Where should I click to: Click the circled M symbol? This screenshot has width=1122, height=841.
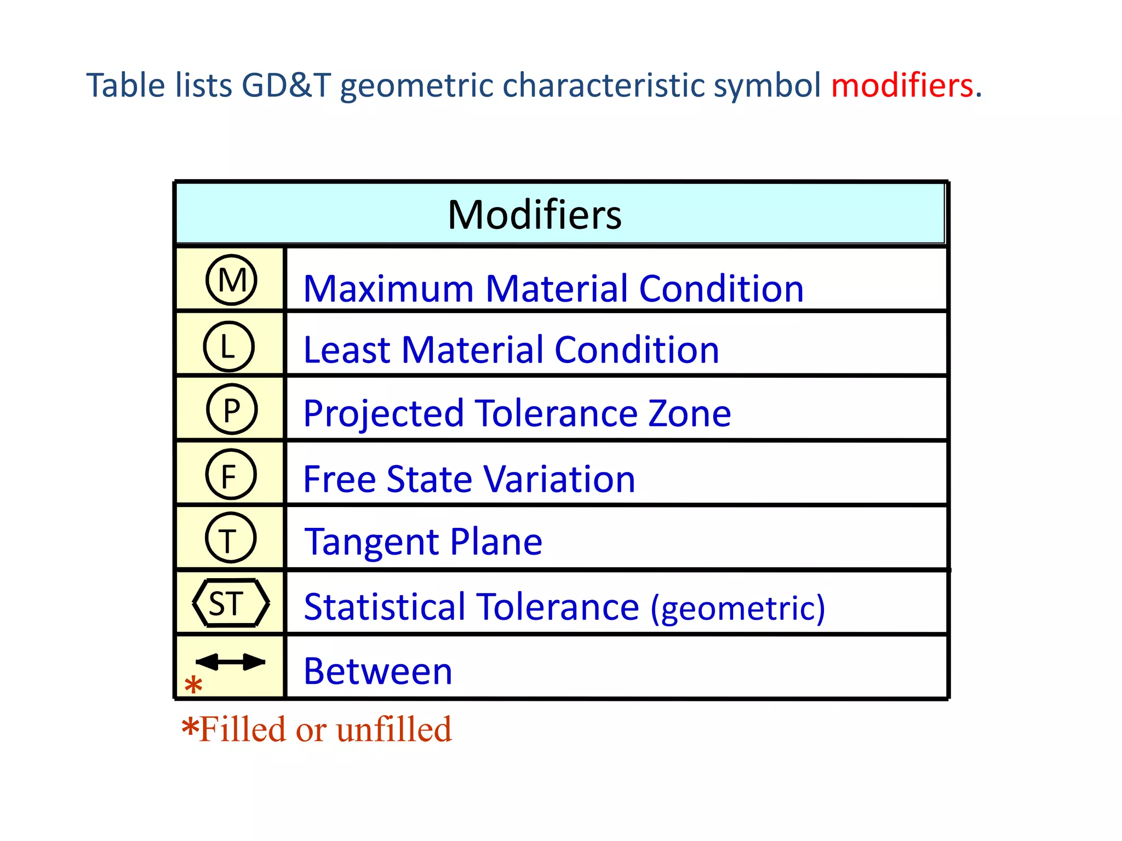click(231, 280)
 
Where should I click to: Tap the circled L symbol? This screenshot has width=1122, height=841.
click(228, 347)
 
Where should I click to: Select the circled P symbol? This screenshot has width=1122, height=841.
click(232, 410)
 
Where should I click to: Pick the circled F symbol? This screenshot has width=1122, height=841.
click(231, 474)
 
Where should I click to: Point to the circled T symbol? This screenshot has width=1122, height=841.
click(230, 538)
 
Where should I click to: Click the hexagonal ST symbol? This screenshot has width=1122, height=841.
click(231, 603)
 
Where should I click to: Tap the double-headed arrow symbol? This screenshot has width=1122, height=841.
click(231, 662)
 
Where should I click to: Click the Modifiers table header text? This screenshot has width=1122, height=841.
click(535, 215)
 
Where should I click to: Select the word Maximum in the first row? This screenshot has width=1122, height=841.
click(388, 289)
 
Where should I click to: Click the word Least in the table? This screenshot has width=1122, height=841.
click(347, 350)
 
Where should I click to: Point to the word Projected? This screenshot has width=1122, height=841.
click(383, 414)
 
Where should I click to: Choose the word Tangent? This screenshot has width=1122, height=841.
click(371, 542)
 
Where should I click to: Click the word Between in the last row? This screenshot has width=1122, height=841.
click(378, 671)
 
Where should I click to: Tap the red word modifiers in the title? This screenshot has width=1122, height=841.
click(902, 86)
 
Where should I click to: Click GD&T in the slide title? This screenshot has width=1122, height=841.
click(287, 86)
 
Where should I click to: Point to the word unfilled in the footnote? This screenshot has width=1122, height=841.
click(394, 729)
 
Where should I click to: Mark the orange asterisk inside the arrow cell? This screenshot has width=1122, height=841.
click(193, 685)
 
